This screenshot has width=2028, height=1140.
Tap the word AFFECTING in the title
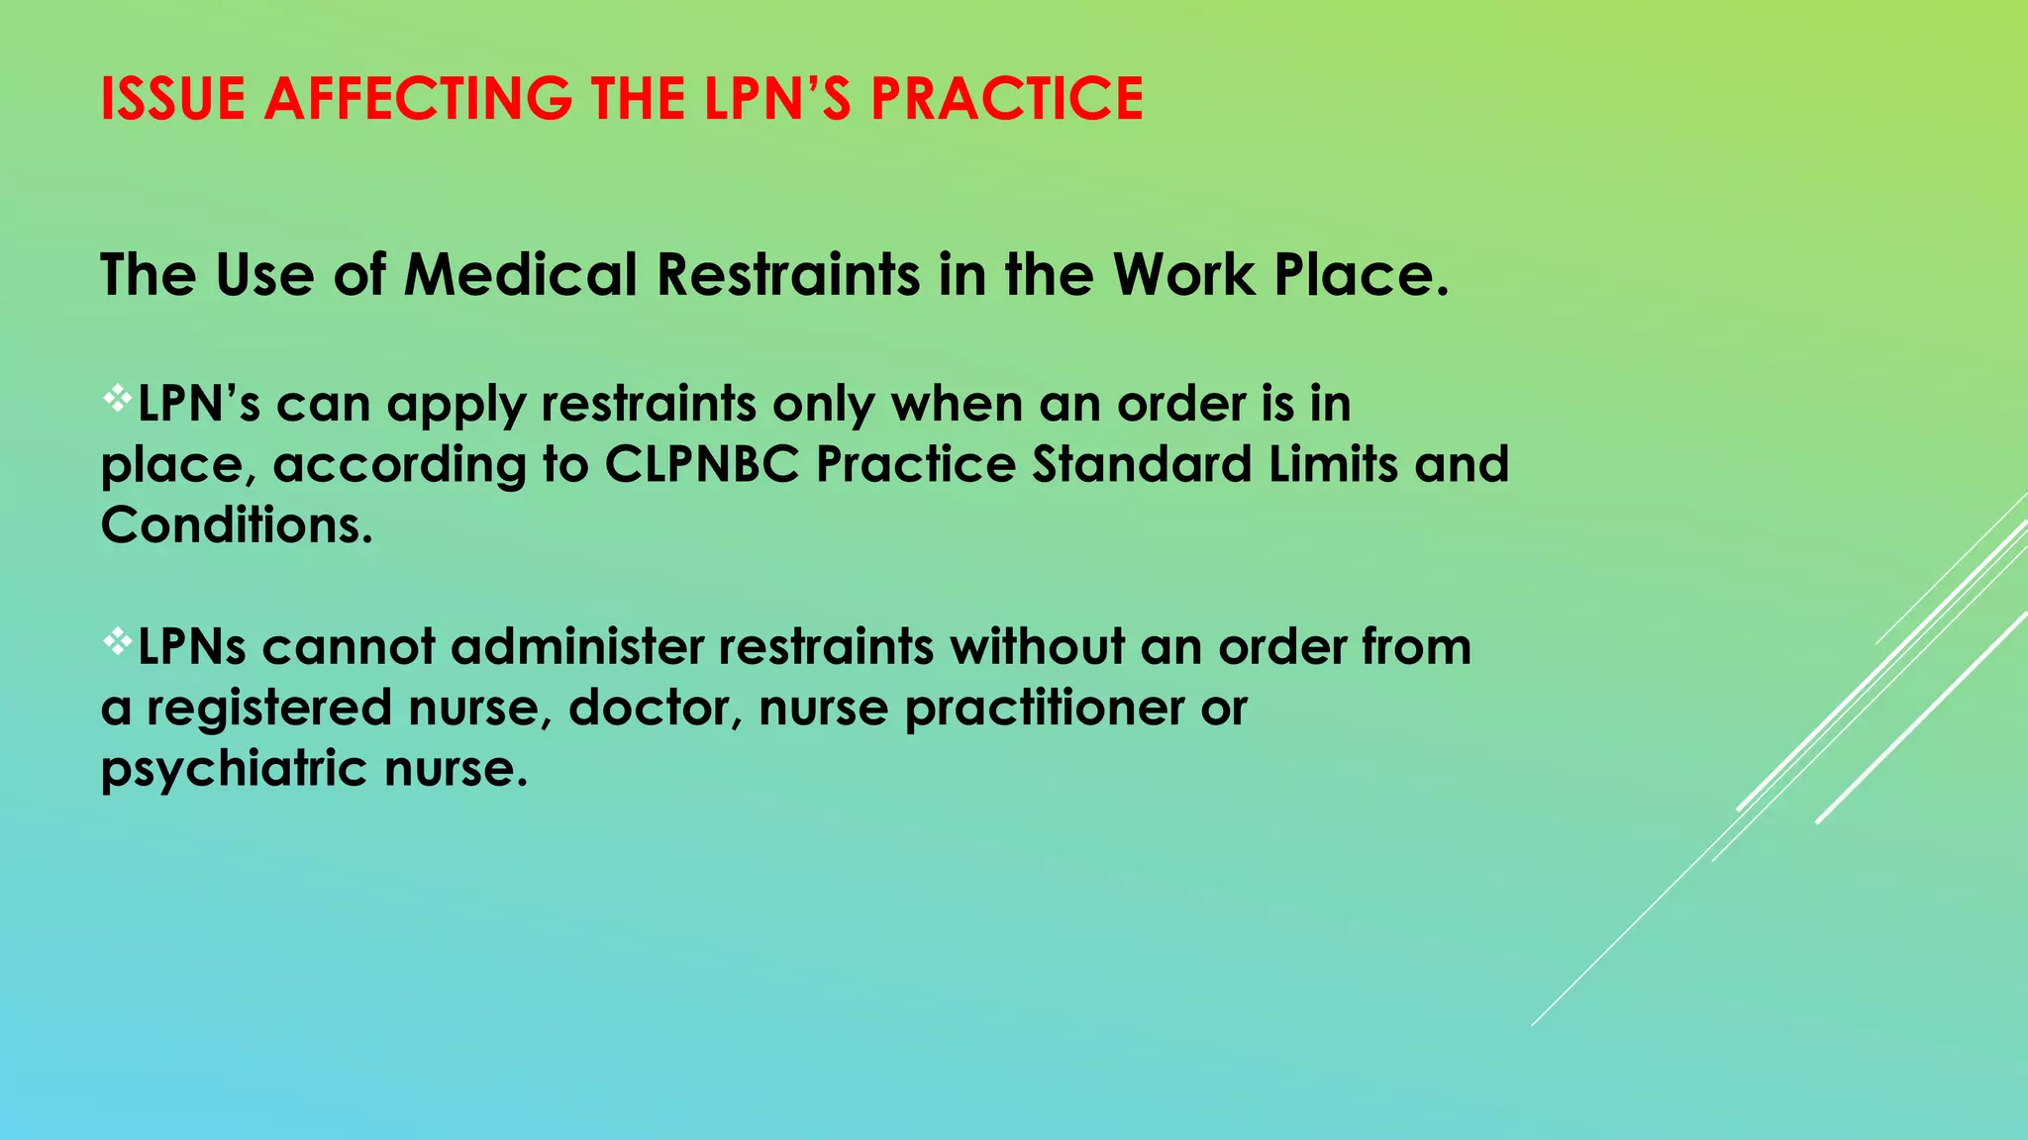click(x=417, y=99)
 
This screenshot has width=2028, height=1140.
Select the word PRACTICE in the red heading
click(x=1006, y=99)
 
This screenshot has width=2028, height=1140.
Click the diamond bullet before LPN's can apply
click(x=117, y=398)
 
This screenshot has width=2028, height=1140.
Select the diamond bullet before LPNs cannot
click(x=117, y=642)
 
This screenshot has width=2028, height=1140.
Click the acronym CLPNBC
click(x=701, y=464)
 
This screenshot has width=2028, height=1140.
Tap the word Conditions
click(x=236, y=524)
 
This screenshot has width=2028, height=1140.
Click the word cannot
click(x=349, y=647)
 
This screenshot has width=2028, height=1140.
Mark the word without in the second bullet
click(x=1037, y=647)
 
